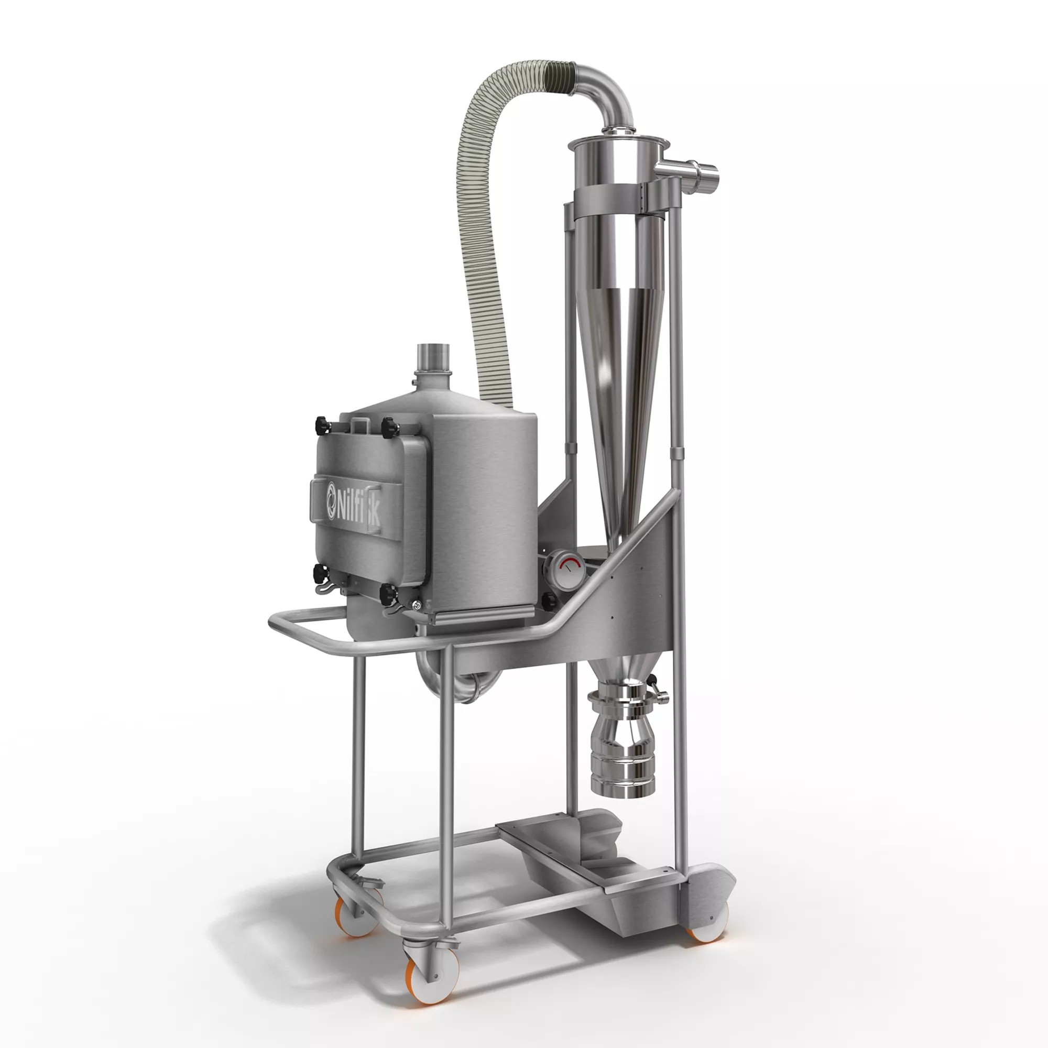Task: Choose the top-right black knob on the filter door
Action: (x=389, y=428)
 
